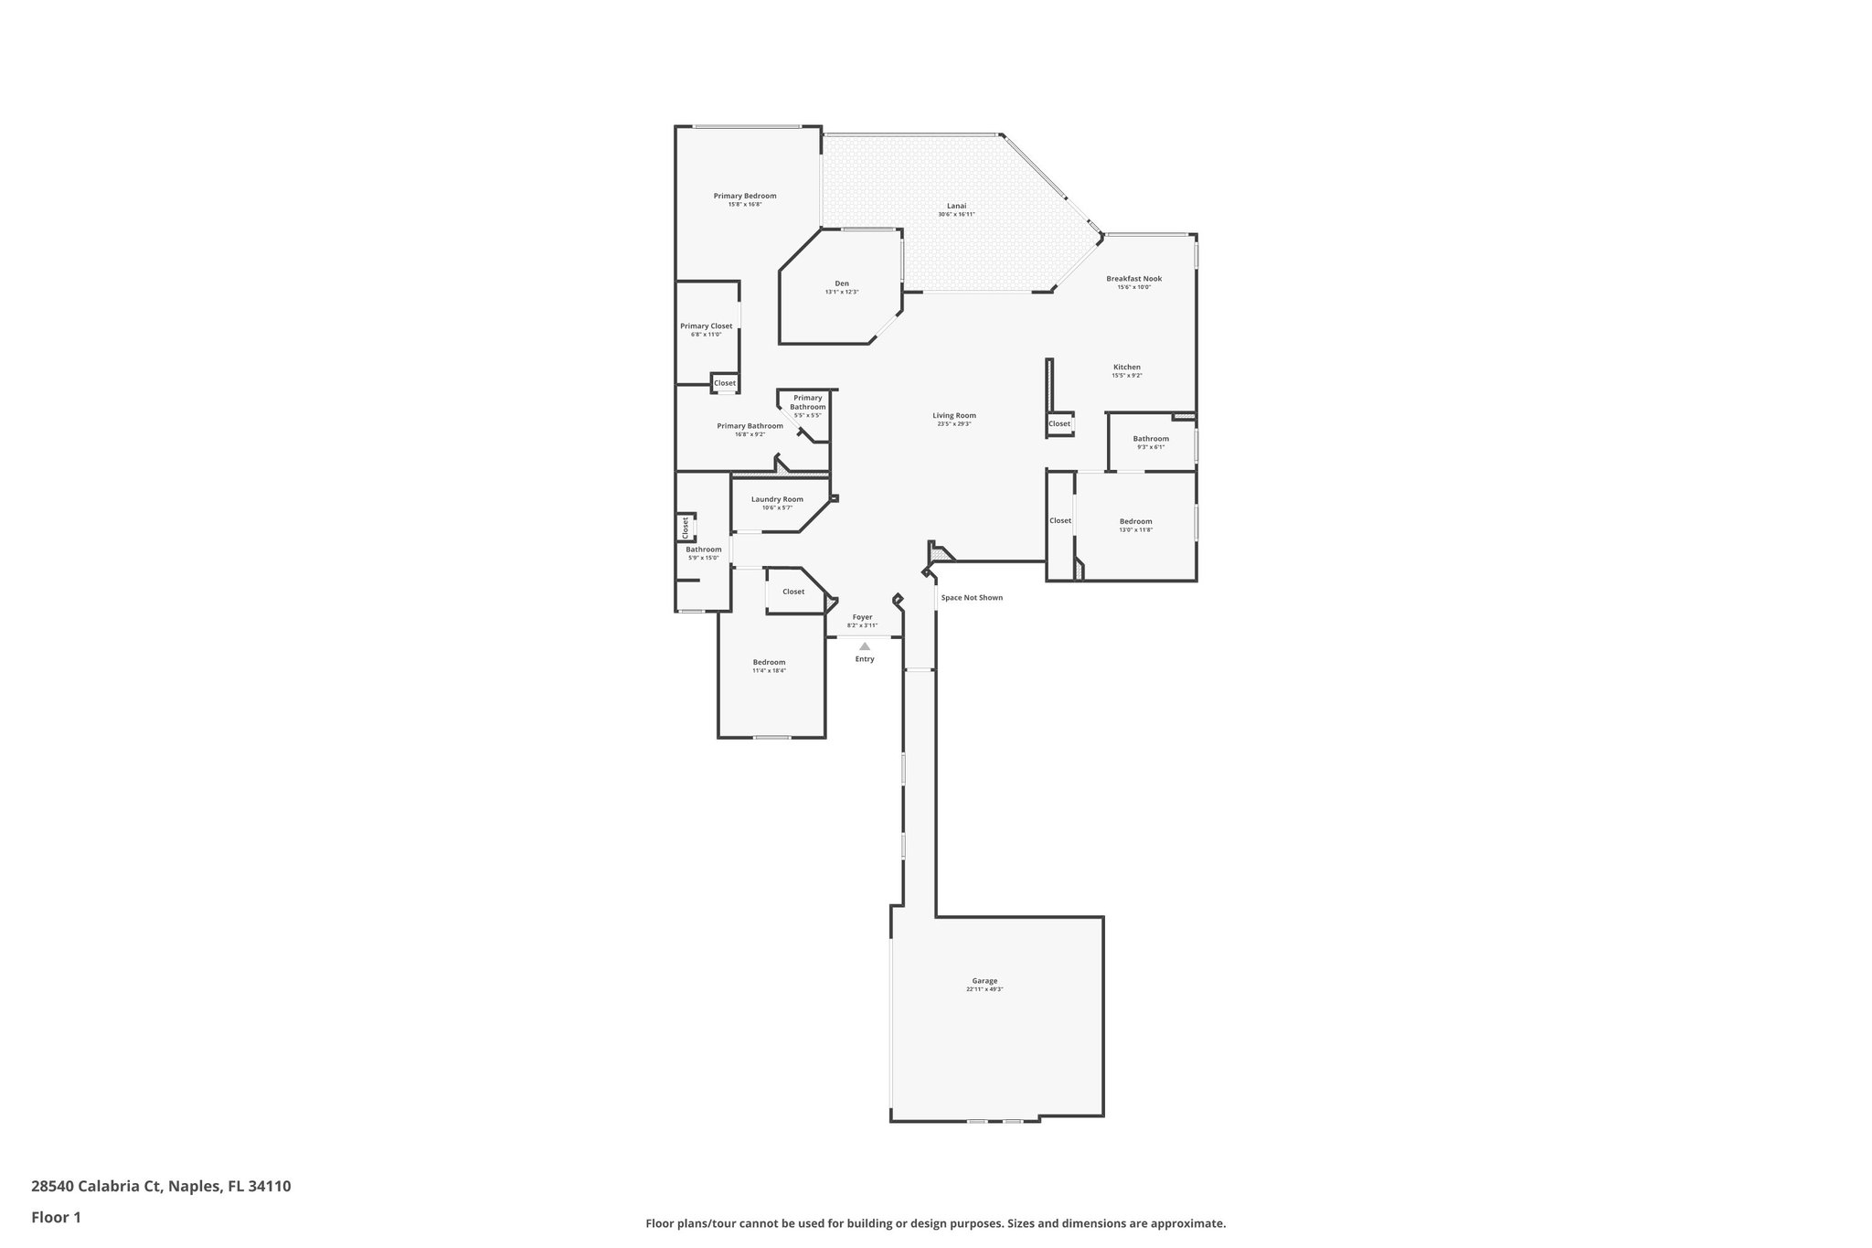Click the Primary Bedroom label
coord(745,196)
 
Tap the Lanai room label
coord(956,206)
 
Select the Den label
coord(842,283)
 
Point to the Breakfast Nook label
coord(1133,279)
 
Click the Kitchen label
coord(1126,368)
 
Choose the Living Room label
coord(954,416)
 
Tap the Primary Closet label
coord(706,326)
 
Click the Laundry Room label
coord(777,499)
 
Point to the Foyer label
coord(862,617)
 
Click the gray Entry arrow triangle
coord(865,646)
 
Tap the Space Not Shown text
coord(972,598)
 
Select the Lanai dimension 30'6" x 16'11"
coord(956,214)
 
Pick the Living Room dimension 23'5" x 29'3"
coord(954,424)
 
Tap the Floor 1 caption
coord(57,1218)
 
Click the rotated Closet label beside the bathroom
coord(685,528)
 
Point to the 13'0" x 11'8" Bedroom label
coord(1135,522)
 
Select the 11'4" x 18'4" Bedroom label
coord(769,663)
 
